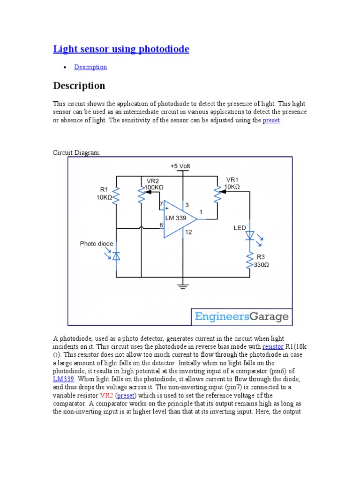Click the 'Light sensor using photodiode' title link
pos(121,49)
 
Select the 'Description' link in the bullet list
pos(90,67)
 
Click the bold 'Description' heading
pos(79,86)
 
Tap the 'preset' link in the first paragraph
pos(271,120)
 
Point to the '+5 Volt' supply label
pos(180,166)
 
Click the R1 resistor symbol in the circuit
pos(117,196)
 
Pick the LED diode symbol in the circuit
pos(250,235)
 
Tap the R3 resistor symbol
pos(250,261)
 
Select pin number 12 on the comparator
pos(188,232)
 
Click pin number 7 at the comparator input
pos(161,204)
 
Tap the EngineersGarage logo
pos(241,317)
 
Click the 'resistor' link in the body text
pos(273,347)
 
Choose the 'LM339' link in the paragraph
pos(64,379)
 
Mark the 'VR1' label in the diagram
pos(233,180)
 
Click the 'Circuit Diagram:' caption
pos(76,153)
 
